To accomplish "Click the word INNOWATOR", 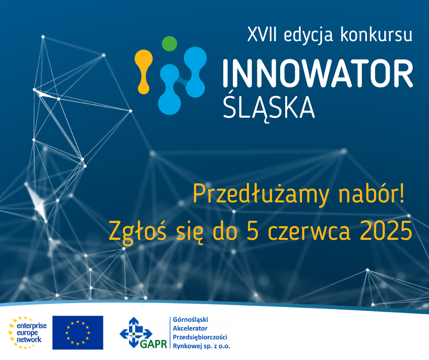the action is pyautogui.click(x=318, y=74).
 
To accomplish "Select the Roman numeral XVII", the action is pyautogui.click(x=262, y=35).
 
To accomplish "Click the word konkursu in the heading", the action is pyautogui.click(x=376, y=34).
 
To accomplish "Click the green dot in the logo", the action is pyautogui.click(x=169, y=43).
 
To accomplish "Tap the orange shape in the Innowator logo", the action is pyautogui.click(x=144, y=72).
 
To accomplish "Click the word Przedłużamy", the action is pyautogui.click(x=261, y=194).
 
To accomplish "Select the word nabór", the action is pyautogui.click(x=371, y=193).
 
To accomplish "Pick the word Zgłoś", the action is pyautogui.click(x=137, y=231).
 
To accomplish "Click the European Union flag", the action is pyautogui.click(x=78, y=333).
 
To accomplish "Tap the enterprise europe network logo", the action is pyautogui.click(x=28, y=333).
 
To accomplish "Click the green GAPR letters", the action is pyautogui.click(x=153, y=344).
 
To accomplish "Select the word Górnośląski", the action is pyautogui.click(x=190, y=320).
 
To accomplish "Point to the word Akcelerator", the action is pyautogui.click(x=190, y=328).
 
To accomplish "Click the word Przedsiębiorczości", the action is pyautogui.click(x=200, y=337).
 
